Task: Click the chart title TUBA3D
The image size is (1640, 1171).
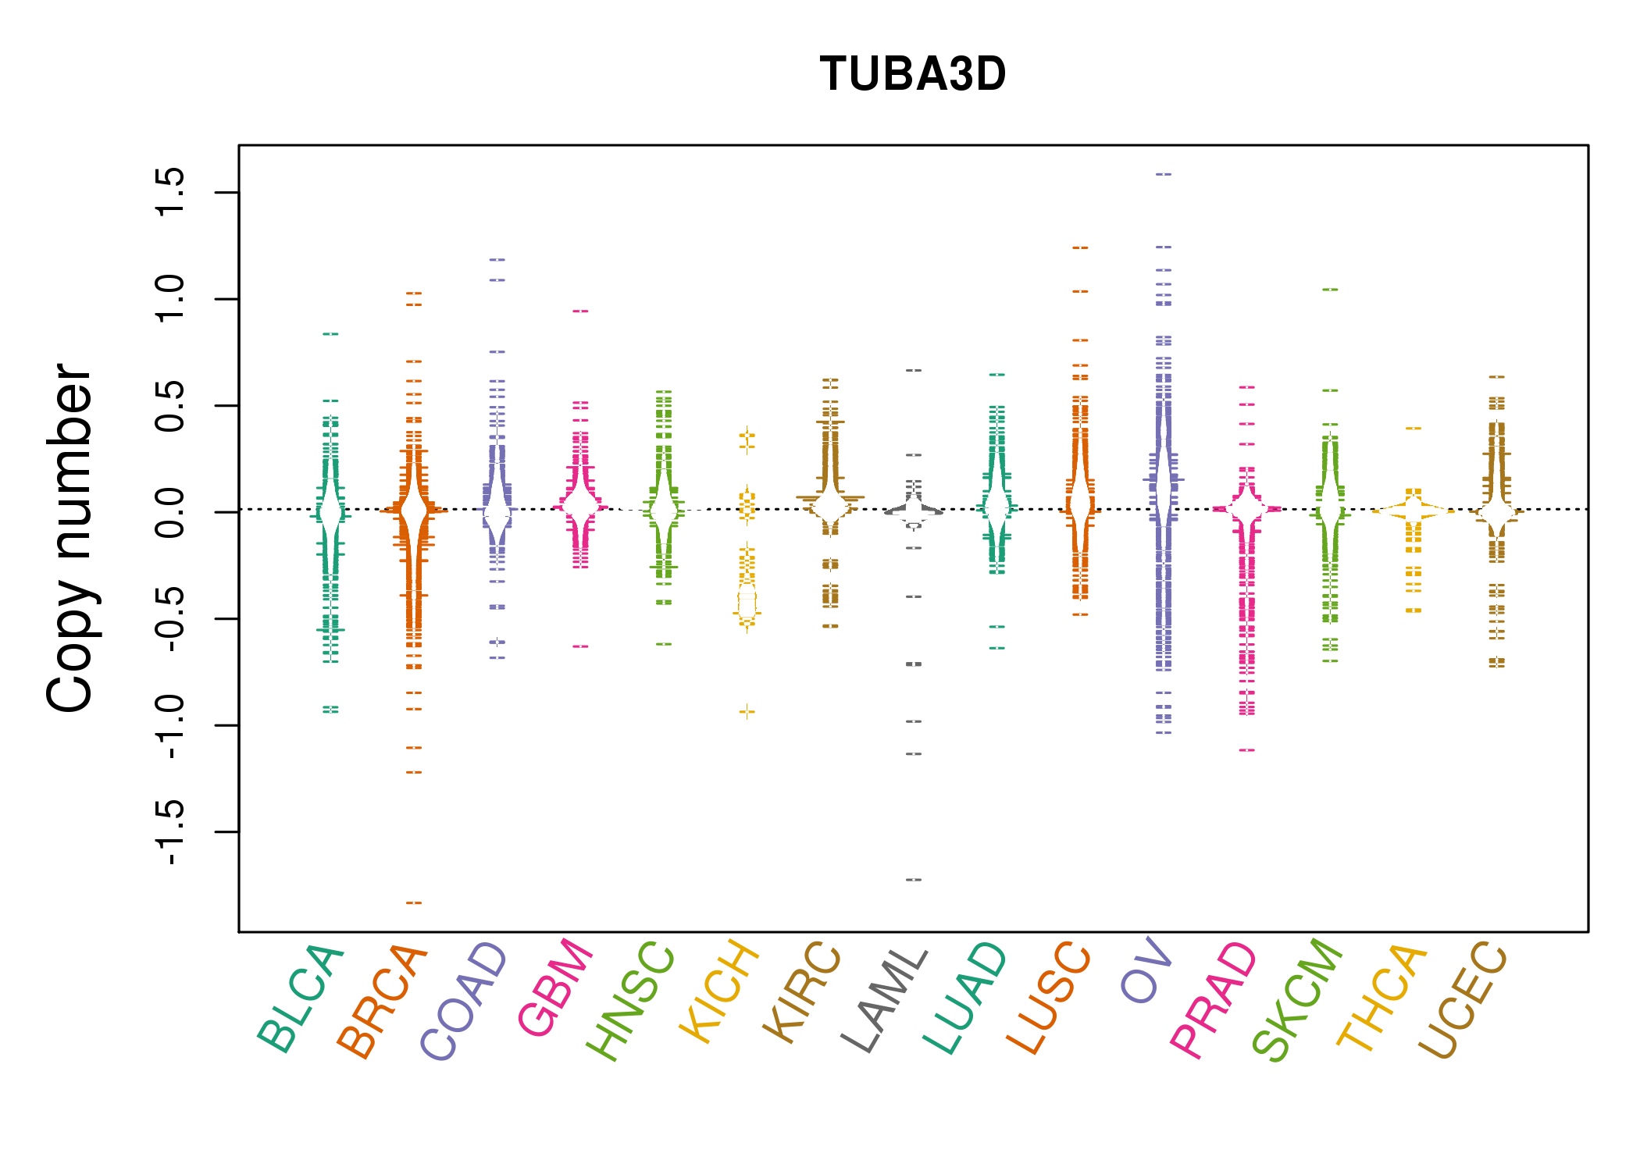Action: click(x=913, y=74)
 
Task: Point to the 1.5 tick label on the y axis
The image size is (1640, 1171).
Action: click(x=169, y=192)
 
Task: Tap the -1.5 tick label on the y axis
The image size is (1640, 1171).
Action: click(x=169, y=832)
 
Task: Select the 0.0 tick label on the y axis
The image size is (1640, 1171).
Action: click(x=169, y=512)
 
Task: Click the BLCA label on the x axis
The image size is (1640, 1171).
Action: click(x=300, y=998)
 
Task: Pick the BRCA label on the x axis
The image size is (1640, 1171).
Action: click(x=382, y=1001)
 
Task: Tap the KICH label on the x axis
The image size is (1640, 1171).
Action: click(x=719, y=991)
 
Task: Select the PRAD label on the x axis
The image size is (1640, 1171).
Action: click(x=1214, y=1000)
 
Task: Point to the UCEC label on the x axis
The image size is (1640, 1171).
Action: click(x=1463, y=1000)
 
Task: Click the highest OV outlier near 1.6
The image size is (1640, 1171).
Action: click(x=1164, y=175)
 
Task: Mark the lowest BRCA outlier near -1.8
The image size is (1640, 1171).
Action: click(x=414, y=903)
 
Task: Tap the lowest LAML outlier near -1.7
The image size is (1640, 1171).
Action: click(x=914, y=880)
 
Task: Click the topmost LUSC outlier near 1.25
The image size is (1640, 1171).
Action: click(x=1080, y=247)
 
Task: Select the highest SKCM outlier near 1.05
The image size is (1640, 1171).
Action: click(x=1330, y=290)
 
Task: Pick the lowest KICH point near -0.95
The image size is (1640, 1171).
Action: click(x=747, y=711)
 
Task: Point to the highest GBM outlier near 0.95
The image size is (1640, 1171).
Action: click(x=580, y=311)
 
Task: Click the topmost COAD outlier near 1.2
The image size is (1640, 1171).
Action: click(x=497, y=259)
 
